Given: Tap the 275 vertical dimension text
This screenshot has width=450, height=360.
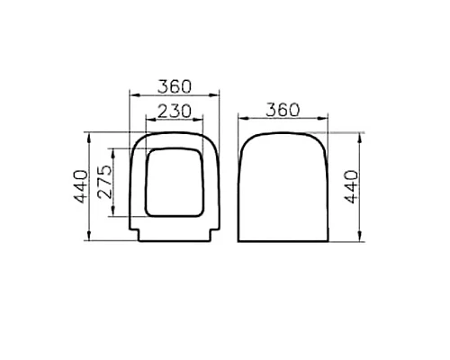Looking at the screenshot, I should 103,183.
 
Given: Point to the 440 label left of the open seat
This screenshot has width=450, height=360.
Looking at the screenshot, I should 82,186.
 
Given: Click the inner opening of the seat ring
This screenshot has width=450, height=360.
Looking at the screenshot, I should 175,184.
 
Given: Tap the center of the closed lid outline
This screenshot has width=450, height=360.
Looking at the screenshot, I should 283,187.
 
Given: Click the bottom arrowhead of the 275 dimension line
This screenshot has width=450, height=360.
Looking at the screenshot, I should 112,216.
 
